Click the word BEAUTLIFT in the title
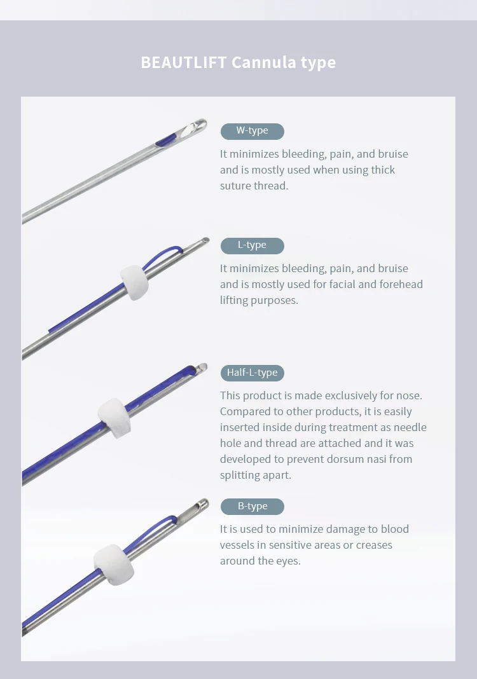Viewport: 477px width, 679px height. [x=184, y=62]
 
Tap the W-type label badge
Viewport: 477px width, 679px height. [x=252, y=131]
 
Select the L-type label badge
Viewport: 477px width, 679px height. [x=252, y=245]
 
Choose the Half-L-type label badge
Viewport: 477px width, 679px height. [x=252, y=373]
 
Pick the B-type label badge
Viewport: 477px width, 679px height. [x=252, y=506]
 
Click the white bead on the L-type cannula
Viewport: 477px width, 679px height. [x=134, y=283]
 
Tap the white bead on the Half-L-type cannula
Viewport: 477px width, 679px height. [x=114, y=418]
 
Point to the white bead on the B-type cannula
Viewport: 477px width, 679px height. [x=113, y=565]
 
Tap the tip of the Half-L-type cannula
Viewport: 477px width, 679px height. [x=202, y=367]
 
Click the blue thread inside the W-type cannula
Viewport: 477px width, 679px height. [x=165, y=139]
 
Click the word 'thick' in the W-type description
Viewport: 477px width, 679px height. [x=382, y=170]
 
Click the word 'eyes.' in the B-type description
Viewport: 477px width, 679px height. [x=288, y=561]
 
